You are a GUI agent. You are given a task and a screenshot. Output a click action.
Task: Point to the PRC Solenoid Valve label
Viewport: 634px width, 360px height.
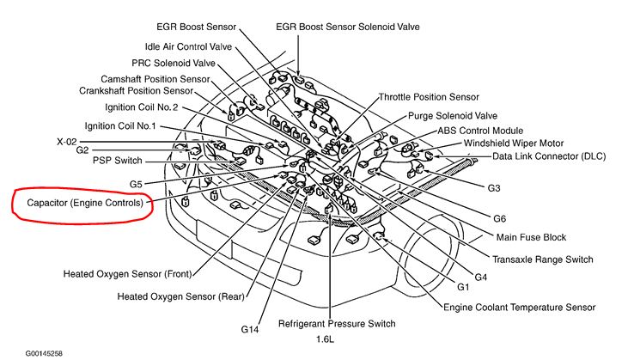(174, 63)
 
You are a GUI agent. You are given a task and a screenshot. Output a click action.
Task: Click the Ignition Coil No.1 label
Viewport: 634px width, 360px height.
(132, 126)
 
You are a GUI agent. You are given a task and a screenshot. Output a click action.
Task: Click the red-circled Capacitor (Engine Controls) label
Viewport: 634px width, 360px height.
(83, 204)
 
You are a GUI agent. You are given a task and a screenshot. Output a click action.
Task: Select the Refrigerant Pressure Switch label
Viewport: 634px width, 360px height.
(337, 324)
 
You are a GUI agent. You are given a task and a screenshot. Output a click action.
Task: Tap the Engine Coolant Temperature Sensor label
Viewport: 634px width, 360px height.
(519, 307)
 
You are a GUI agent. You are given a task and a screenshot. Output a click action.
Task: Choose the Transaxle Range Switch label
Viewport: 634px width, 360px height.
(542, 259)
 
